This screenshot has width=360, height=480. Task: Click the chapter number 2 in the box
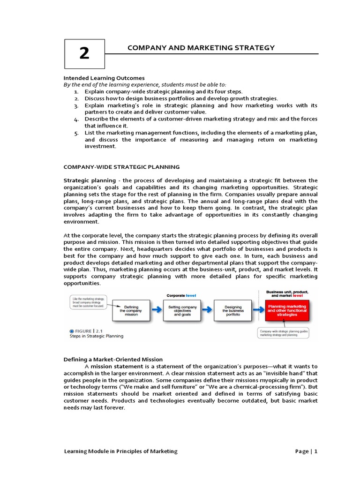[84, 53]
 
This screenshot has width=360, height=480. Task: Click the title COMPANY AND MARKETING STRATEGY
[201, 48]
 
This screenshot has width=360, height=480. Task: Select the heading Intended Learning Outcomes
[104, 78]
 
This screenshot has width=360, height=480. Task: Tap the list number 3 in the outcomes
[76, 105]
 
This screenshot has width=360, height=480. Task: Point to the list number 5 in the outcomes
[76, 133]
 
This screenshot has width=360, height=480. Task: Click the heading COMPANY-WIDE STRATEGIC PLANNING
[121, 167]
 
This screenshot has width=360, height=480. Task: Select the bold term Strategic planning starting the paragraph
[90, 180]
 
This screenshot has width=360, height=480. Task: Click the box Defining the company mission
[132, 311]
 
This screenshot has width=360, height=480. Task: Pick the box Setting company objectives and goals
[182, 311]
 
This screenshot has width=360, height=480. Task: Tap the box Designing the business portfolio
[233, 311]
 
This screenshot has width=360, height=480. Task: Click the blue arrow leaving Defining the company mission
[157, 310]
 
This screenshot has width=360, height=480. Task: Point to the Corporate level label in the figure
[182, 296]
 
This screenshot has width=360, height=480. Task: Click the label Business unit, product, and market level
[287, 294]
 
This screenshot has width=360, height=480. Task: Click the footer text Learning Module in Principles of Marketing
[120, 451]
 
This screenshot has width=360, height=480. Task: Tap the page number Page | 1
[307, 451]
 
